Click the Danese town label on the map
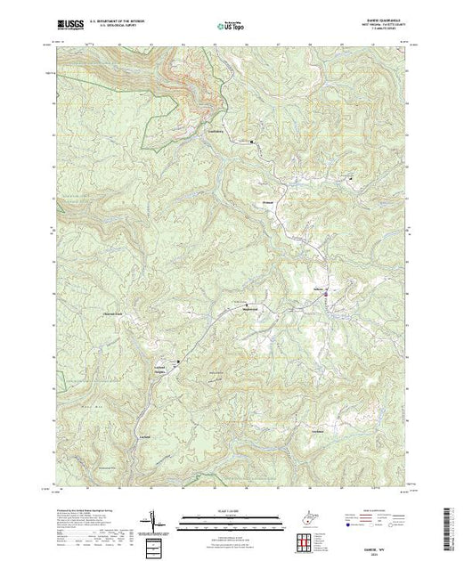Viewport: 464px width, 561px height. pos(316,289)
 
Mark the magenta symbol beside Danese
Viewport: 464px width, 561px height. pos(327,293)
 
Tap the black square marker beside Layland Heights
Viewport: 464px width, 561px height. pos(178,362)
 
